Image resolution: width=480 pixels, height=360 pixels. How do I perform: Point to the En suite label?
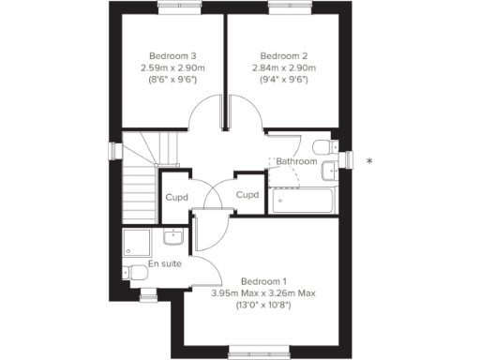tap(164, 263)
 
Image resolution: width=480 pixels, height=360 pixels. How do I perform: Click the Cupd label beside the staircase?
tap(177, 197)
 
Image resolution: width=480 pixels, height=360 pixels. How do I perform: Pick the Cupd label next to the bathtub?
tap(247, 195)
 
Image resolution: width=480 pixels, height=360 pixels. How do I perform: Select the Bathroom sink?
tap(329, 170)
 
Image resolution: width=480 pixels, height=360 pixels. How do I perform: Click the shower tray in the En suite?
tap(139, 242)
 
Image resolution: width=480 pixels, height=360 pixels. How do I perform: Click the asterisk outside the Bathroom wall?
tap(369, 162)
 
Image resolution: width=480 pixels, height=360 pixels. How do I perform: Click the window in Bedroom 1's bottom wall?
tap(255, 352)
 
